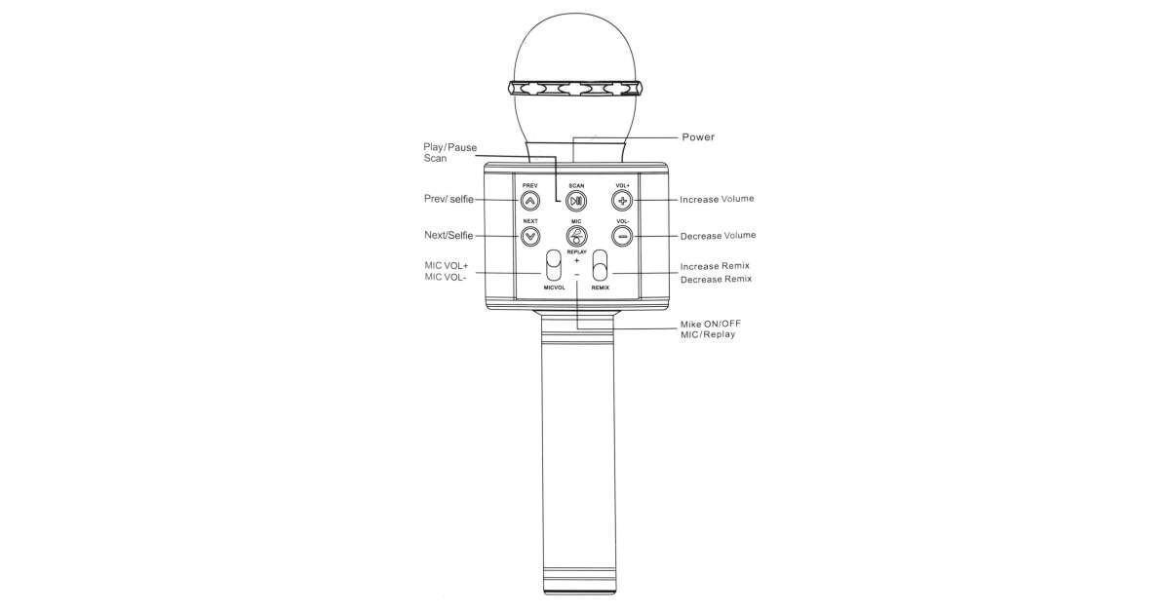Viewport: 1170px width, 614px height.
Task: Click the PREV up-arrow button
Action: [x=529, y=200]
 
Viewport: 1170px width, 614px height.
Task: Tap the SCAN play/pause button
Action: [x=576, y=201]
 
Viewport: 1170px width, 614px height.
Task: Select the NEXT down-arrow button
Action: [x=530, y=237]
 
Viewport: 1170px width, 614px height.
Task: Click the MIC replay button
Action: [x=576, y=237]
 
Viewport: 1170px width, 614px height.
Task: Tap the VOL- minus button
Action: [x=622, y=237]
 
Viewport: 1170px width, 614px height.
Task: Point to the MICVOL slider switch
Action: [x=553, y=265]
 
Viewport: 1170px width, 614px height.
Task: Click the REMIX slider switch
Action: [x=601, y=265]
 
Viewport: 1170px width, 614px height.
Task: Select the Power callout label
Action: [x=698, y=136]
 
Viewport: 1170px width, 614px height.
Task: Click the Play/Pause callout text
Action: [x=449, y=147]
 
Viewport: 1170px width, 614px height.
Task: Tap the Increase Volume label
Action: [x=717, y=199]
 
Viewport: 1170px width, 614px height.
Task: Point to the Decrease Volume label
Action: [x=718, y=236]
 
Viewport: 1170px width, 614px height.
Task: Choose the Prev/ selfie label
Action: [x=448, y=199]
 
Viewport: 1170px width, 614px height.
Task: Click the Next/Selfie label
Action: [x=448, y=236]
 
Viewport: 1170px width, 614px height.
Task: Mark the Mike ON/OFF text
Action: [x=711, y=324]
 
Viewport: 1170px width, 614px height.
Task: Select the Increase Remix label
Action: [x=715, y=266]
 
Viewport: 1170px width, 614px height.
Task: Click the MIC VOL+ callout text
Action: [x=447, y=266]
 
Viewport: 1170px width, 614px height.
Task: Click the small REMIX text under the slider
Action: [x=601, y=288]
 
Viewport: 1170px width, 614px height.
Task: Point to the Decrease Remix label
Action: [x=716, y=280]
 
